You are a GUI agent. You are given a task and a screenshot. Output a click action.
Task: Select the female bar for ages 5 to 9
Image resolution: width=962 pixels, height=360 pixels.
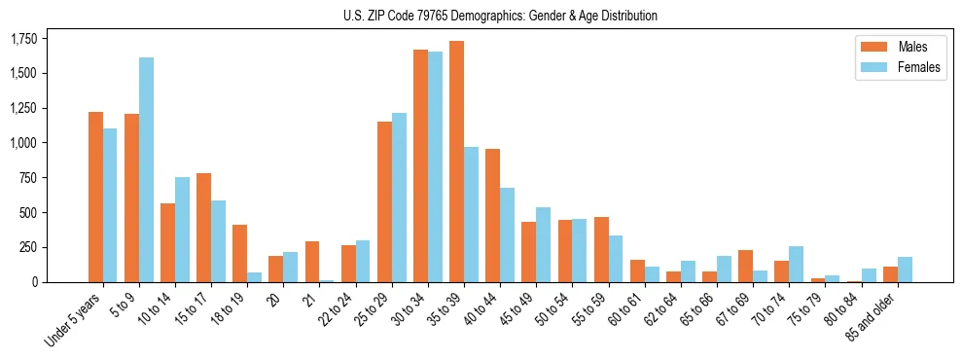pyautogui.click(x=146, y=169)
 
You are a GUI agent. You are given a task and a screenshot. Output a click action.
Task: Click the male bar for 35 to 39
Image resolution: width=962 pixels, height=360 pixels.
pyautogui.click(x=456, y=162)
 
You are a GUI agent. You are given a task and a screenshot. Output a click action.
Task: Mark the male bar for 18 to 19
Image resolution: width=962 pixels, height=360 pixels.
pyautogui.click(x=239, y=253)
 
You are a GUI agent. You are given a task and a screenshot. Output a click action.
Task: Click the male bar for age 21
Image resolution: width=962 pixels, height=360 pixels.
pyautogui.click(x=312, y=262)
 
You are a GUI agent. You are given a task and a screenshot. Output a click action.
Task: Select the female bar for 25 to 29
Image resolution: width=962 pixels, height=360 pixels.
pyautogui.click(x=399, y=198)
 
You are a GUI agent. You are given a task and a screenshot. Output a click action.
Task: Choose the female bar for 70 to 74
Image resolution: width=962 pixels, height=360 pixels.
pyautogui.click(x=796, y=264)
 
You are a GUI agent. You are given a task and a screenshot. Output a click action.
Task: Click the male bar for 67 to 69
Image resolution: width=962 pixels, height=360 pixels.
pyautogui.click(x=745, y=266)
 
